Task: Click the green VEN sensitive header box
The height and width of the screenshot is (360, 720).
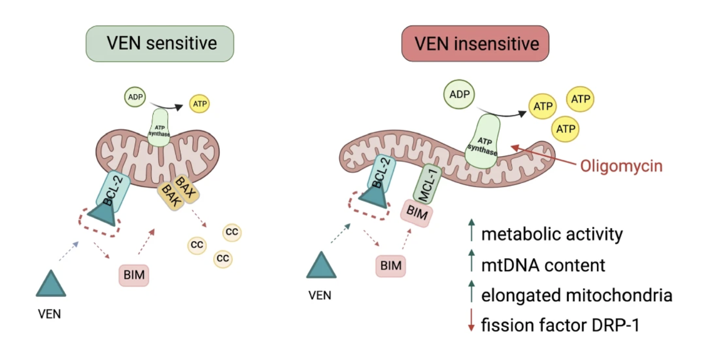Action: click(x=160, y=43)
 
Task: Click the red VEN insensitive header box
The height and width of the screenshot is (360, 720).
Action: click(x=475, y=43)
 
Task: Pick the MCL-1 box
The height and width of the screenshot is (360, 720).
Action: click(x=426, y=183)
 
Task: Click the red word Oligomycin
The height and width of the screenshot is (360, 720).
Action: click(x=621, y=166)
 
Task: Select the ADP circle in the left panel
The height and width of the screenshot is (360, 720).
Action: click(x=133, y=97)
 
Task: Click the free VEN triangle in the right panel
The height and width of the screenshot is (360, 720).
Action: click(x=321, y=265)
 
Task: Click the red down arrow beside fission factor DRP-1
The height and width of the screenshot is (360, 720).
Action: click(x=471, y=325)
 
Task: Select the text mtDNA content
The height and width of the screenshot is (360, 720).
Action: click(x=543, y=265)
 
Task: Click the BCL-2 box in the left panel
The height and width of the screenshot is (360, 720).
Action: click(x=112, y=191)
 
